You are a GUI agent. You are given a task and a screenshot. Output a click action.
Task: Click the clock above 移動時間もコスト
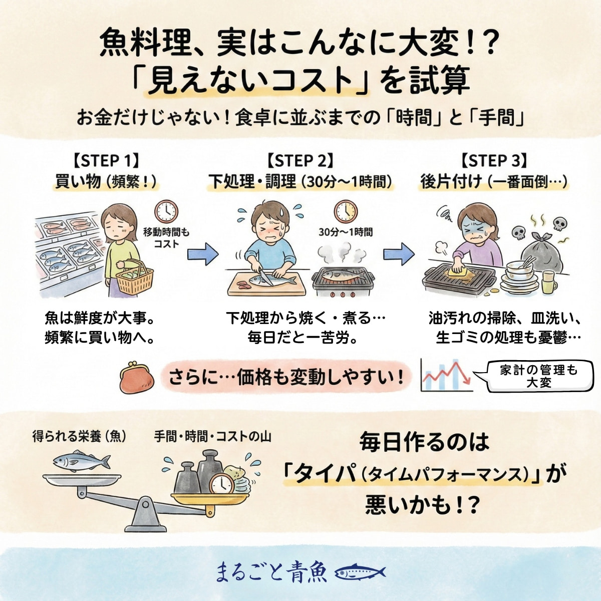166,211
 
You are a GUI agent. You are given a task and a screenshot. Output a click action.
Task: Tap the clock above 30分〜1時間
346,211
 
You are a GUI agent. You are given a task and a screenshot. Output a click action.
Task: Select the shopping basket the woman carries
135,278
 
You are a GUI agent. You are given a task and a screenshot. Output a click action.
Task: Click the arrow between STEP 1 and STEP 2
203,254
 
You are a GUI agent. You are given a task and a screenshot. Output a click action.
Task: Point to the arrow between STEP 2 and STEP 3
399,254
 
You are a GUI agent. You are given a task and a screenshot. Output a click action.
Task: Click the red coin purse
137,379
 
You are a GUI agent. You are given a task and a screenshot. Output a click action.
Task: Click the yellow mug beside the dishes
548,282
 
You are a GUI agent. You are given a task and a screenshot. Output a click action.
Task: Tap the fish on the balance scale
81,461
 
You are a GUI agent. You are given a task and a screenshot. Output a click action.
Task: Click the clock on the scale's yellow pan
222,484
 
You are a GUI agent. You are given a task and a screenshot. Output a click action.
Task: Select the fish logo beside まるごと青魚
359,572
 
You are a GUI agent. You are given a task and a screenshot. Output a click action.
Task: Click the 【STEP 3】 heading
494,161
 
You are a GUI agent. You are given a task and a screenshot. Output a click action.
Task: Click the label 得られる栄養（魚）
79,436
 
